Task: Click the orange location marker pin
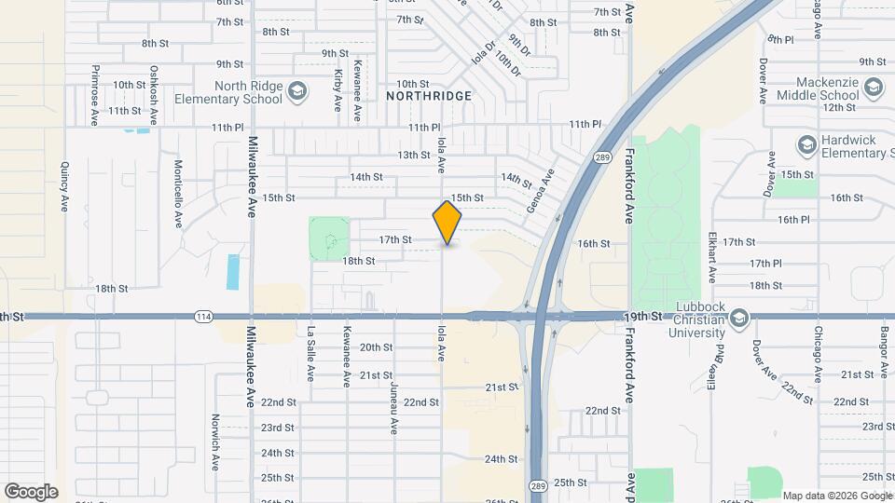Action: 447,223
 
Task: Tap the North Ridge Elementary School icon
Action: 297,90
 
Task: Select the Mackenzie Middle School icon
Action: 874,88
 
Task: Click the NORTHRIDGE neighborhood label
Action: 430,96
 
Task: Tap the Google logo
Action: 31,491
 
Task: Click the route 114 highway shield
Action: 203,317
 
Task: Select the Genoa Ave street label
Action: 540,190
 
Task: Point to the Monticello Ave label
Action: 177,194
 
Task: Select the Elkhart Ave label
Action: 711,258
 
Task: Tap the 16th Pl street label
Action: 793,219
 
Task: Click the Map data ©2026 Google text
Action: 836,495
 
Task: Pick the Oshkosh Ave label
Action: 154,94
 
